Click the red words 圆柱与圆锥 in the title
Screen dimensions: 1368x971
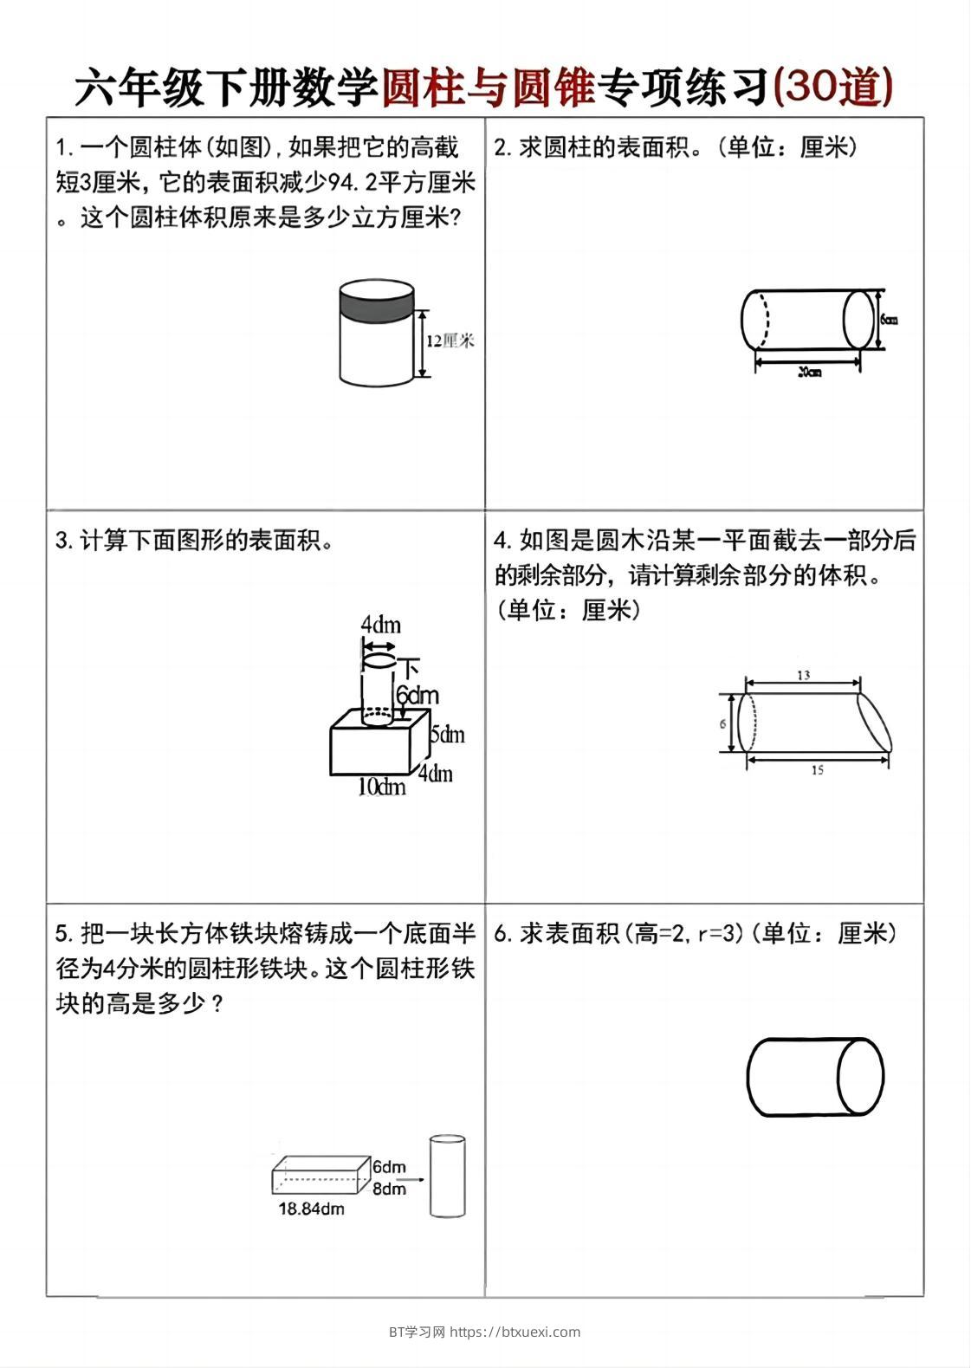(x=488, y=88)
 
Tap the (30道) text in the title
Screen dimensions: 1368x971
(x=832, y=88)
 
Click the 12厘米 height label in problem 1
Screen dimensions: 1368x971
(x=450, y=341)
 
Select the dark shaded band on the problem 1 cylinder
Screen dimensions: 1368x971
(x=376, y=305)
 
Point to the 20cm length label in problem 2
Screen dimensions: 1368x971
(x=808, y=373)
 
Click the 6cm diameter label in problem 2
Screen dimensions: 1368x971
(x=889, y=319)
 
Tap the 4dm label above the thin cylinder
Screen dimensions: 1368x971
(x=380, y=625)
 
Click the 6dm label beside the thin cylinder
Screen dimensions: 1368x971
(x=418, y=696)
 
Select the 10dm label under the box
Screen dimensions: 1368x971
(x=382, y=787)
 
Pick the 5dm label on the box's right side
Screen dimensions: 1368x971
(x=447, y=735)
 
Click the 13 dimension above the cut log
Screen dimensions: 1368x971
(x=803, y=674)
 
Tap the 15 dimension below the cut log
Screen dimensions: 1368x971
(x=817, y=770)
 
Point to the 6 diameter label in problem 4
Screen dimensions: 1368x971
(x=723, y=723)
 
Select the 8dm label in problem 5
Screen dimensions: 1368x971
(x=389, y=1189)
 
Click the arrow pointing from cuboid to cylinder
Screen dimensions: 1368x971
(x=414, y=1179)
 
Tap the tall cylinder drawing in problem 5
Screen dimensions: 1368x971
(x=447, y=1176)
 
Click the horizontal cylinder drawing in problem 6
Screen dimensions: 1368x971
(x=814, y=1077)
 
